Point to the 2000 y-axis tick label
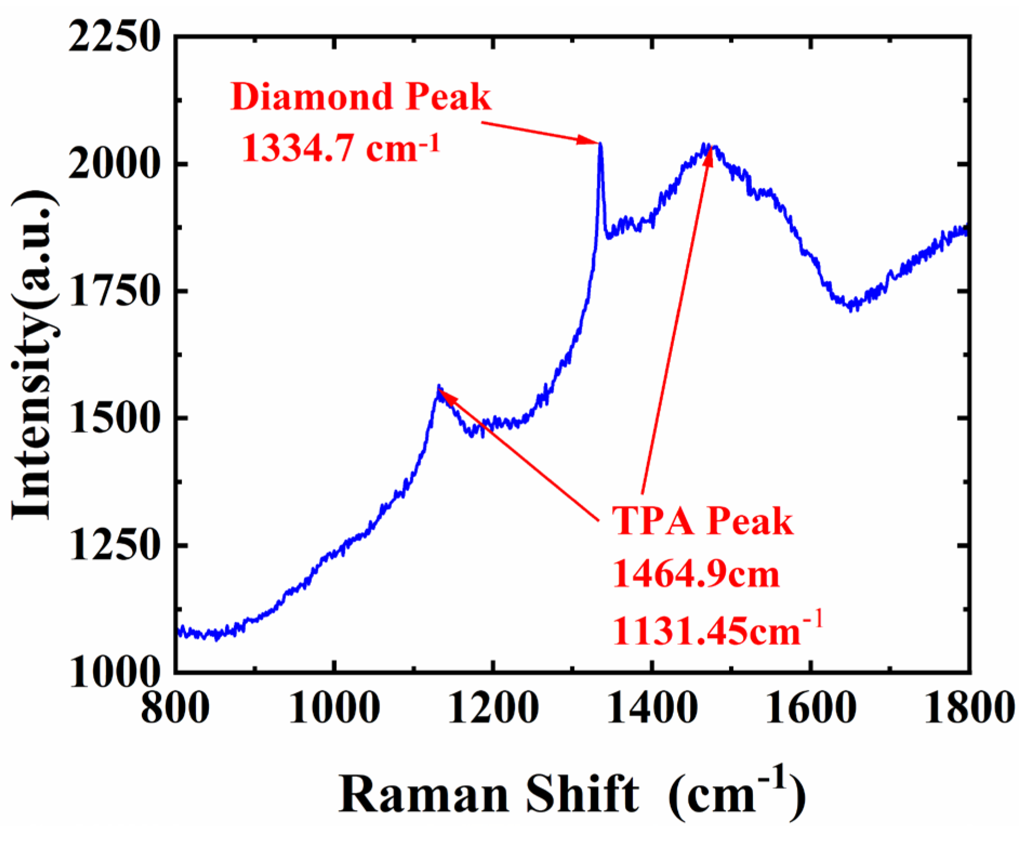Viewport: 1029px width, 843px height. tap(115, 164)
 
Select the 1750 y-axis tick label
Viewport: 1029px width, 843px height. tap(115, 291)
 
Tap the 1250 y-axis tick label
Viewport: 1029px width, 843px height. tap(115, 545)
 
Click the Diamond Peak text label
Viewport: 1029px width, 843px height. tap(361, 97)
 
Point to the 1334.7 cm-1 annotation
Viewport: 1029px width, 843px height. tap(340, 148)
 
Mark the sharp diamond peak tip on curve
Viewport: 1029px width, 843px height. tap(600, 144)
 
